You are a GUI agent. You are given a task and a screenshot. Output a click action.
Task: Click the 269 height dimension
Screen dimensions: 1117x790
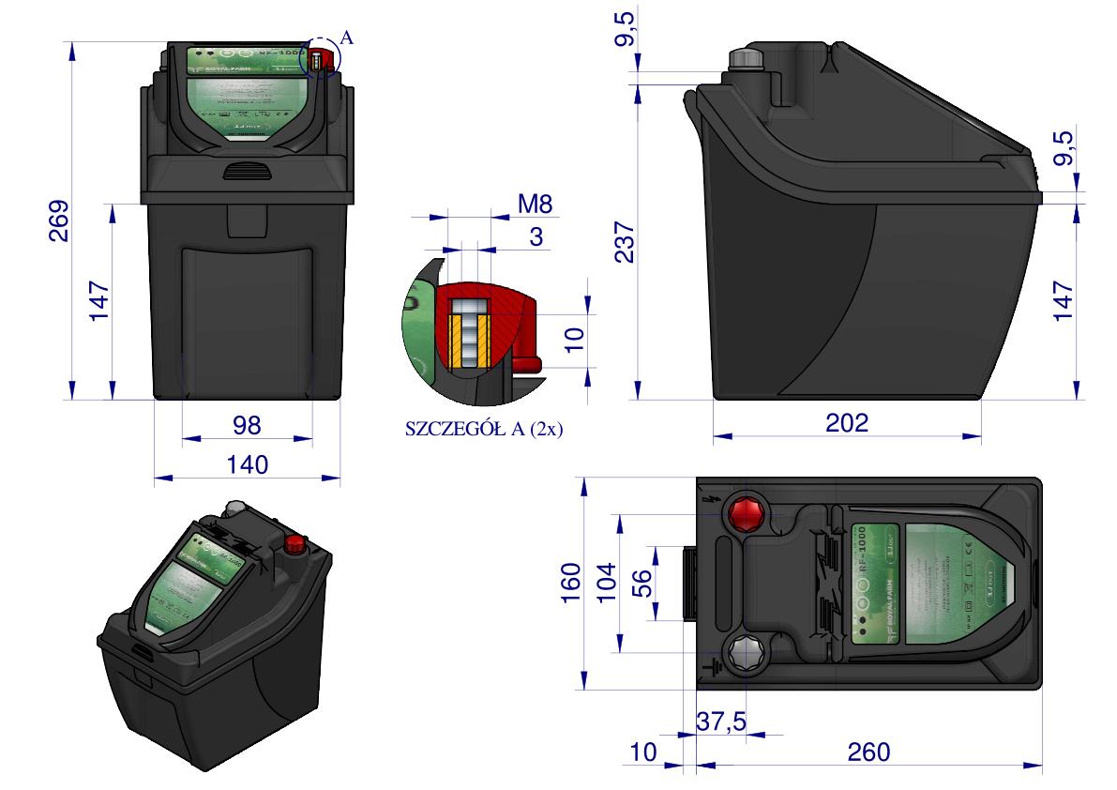point(58,221)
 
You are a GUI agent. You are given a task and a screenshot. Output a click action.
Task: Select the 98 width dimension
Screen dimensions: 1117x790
point(248,425)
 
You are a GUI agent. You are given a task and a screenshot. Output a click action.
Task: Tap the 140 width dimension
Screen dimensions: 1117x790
point(248,464)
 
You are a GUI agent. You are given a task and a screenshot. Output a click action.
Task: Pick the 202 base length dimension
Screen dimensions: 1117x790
point(847,423)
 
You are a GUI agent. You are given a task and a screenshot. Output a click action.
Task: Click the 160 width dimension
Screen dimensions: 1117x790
point(572,585)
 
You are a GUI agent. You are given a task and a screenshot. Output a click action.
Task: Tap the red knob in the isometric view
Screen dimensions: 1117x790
point(294,543)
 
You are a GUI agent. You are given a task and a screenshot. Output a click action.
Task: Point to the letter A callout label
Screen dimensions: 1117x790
point(347,38)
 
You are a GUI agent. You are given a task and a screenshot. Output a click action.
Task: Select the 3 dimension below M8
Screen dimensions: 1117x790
point(536,236)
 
